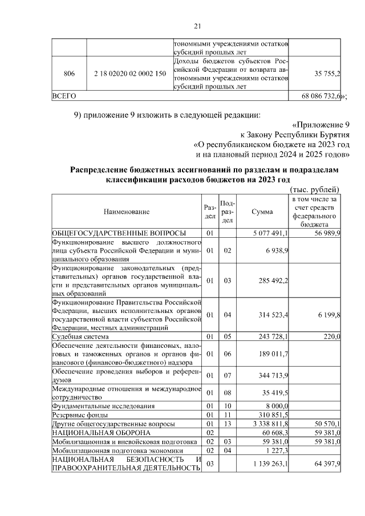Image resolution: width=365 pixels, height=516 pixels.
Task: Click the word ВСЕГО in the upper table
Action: click(64, 96)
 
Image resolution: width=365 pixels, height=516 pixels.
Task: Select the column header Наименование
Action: click(127, 212)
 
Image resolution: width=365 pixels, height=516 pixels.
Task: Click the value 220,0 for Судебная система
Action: click(332, 338)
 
